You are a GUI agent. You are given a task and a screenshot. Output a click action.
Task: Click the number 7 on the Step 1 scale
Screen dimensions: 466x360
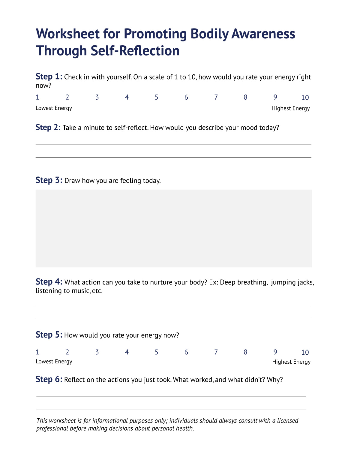click(x=216, y=97)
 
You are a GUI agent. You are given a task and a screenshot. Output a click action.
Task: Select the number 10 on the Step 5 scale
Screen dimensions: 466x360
click(x=305, y=352)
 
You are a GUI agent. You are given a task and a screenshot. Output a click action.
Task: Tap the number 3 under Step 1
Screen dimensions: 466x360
click(x=97, y=97)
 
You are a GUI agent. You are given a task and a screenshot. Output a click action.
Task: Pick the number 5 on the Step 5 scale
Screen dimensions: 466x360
click(x=156, y=352)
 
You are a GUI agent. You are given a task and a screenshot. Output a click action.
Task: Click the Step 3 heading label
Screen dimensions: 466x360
click(x=49, y=180)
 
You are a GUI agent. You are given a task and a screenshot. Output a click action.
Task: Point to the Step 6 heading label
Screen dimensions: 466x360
click(x=49, y=380)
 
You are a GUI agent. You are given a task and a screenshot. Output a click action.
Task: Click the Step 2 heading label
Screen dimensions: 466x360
click(x=48, y=128)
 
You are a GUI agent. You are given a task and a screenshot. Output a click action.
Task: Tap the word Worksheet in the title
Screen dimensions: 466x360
click(x=68, y=34)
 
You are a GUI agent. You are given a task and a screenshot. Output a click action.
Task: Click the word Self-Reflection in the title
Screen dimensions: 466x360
click(x=135, y=51)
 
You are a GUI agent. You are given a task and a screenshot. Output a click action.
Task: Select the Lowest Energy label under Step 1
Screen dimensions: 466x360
click(x=54, y=108)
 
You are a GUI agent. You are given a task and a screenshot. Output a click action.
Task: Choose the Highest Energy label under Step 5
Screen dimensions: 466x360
click(x=291, y=362)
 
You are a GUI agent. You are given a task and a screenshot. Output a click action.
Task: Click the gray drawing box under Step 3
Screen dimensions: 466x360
click(x=173, y=228)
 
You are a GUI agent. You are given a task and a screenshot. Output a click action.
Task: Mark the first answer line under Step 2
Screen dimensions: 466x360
click(x=173, y=144)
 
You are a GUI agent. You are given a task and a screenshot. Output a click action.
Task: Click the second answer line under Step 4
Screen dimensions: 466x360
click(x=173, y=319)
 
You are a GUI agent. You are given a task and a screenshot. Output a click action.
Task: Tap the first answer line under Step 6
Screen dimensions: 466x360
click(x=171, y=396)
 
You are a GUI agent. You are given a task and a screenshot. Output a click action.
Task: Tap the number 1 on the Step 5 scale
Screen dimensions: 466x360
click(x=37, y=352)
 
